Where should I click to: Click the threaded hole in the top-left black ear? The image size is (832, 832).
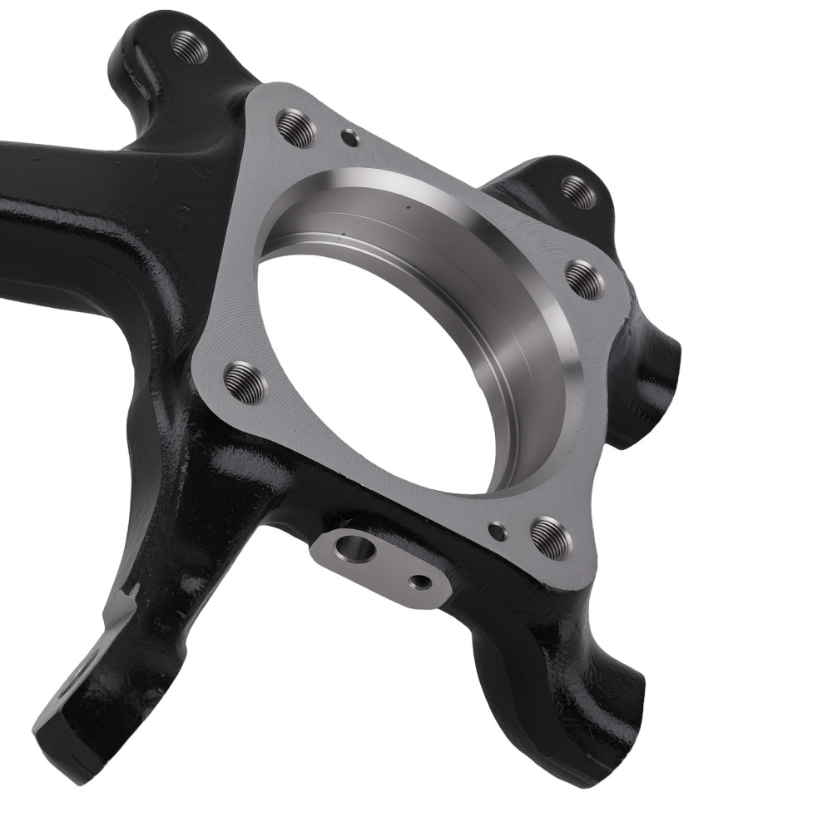[x=190, y=47]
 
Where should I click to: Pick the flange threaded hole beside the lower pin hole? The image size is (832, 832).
[x=551, y=537]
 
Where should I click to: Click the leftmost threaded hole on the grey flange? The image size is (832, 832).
[x=245, y=382]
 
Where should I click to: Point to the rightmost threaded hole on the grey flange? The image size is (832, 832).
[x=586, y=280]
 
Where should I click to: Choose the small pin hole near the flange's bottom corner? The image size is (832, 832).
[x=498, y=530]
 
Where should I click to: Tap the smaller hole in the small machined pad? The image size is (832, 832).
[x=422, y=582]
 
